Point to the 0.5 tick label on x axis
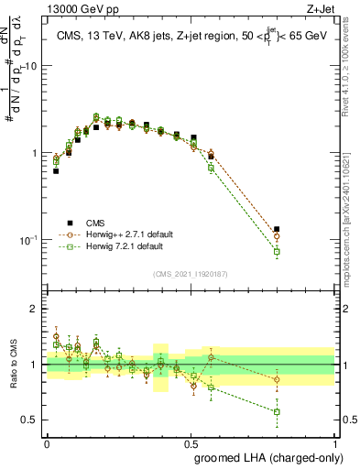coord(190,442)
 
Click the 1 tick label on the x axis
coord(334,442)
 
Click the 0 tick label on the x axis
coord(47,442)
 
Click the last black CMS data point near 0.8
coord(277,229)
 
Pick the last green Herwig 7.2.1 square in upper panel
coord(277,251)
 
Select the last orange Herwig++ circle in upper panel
coord(277,236)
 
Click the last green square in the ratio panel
coord(277,411)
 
